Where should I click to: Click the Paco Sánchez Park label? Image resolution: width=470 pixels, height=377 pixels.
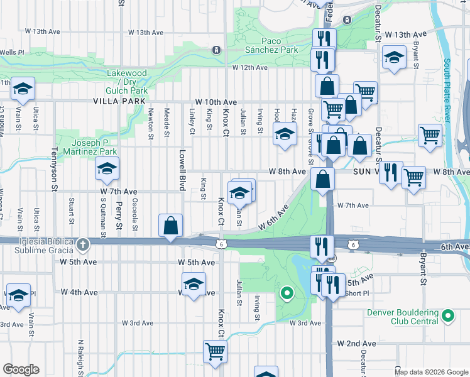(x=280, y=45)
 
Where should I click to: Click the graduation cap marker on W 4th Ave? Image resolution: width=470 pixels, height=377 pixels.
(x=194, y=285)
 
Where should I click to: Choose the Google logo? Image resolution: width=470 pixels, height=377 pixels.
(x=21, y=369)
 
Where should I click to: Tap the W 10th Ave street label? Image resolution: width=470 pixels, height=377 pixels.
(x=216, y=102)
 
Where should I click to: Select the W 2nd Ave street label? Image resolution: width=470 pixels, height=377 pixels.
(x=356, y=344)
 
